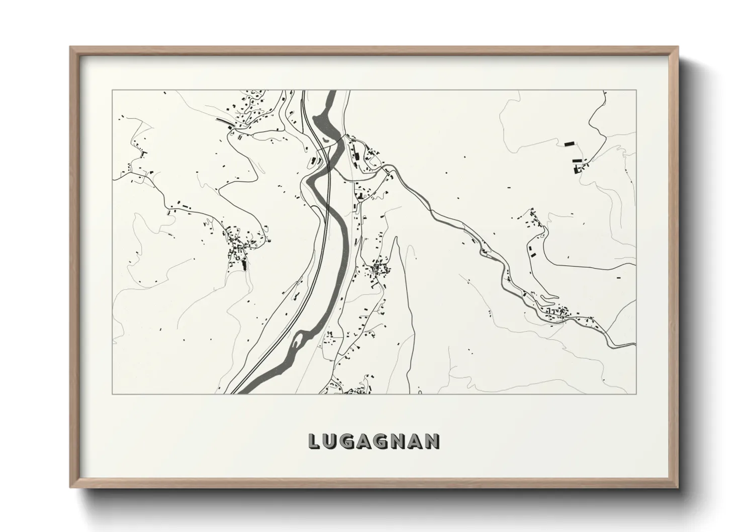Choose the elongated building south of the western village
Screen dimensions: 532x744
(245, 263)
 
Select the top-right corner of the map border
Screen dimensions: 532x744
(636, 91)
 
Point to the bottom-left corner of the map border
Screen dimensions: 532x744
(113, 394)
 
